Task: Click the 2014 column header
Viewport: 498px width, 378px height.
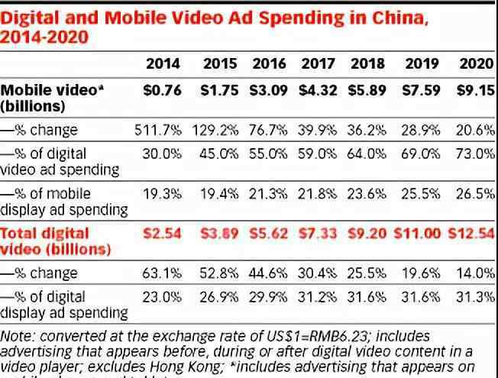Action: (163, 64)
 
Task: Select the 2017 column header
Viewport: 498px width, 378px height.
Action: (319, 64)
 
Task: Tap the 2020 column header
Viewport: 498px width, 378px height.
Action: (477, 64)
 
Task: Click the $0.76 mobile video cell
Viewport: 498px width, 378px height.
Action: (162, 90)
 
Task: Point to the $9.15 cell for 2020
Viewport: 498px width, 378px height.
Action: (475, 90)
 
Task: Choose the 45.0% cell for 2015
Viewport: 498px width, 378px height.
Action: (219, 153)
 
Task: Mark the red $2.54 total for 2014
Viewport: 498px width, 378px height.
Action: (162, 232)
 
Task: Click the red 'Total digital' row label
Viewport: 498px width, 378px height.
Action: (45, 232)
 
